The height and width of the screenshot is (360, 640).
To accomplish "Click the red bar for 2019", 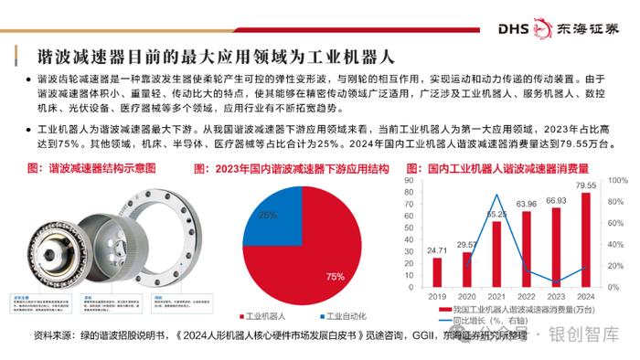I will [437, 271].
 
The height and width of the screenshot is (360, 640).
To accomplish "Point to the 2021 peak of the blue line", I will [496, 194].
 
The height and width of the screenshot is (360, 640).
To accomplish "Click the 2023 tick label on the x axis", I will [555, 295].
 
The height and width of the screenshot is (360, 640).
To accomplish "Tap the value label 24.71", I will [437, 249].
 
